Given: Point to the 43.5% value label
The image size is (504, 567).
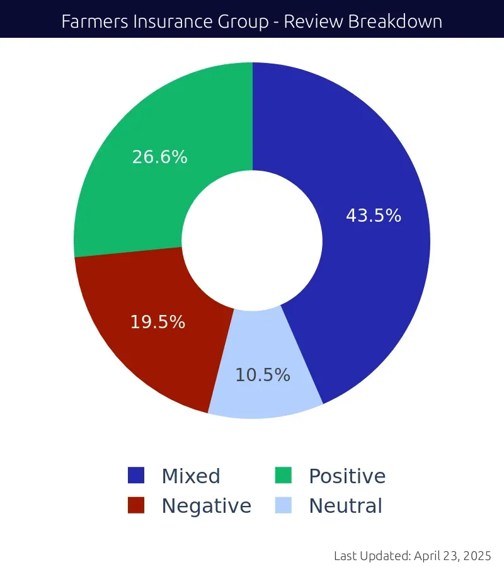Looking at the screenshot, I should tap(374, 216).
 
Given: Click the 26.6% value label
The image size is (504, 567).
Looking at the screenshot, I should tap(159, 157).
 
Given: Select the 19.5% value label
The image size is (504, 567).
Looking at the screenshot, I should tap(157, 323).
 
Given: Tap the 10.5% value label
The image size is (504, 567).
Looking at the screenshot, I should tap(263, 375).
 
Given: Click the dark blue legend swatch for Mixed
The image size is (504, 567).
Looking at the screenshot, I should tap(136, 476).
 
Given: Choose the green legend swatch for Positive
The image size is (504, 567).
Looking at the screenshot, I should tap(283, 476).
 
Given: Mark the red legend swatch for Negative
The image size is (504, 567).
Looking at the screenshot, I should tap(136, 505).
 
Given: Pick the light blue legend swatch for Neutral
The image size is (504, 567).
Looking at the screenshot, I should tap(283, 505).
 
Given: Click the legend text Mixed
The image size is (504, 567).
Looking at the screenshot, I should tap(191, 476).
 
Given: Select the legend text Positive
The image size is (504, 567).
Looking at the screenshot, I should tap(347, 476).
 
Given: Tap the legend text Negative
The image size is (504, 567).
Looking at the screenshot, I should tap(206, 506).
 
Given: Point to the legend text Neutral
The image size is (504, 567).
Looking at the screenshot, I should tap(345, 506).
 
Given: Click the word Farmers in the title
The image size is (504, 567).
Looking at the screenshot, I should tap(89, 21).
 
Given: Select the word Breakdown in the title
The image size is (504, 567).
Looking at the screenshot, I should tap(395, 21).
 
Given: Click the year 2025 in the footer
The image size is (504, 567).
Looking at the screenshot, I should tap(477, 556).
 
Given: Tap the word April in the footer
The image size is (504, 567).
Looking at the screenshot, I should tap(428, 556).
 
